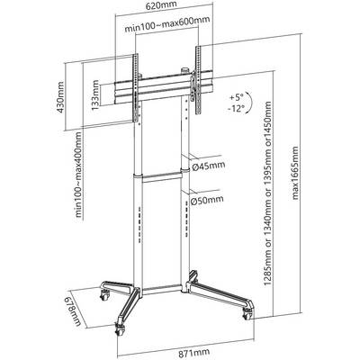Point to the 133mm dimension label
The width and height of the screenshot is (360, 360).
95,94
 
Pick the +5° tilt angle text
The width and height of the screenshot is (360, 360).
236,97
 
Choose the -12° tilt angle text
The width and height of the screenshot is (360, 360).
237,108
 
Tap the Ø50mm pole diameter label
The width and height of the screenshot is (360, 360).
208,200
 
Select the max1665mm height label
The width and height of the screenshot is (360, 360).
296,173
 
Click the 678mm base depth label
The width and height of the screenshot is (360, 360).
71,312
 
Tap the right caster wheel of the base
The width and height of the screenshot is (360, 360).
248,314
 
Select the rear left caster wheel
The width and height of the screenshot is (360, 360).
104,295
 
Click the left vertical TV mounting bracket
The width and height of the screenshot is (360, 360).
135,87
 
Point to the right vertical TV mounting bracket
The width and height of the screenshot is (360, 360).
199,80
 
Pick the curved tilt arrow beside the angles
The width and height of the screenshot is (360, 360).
250,103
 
